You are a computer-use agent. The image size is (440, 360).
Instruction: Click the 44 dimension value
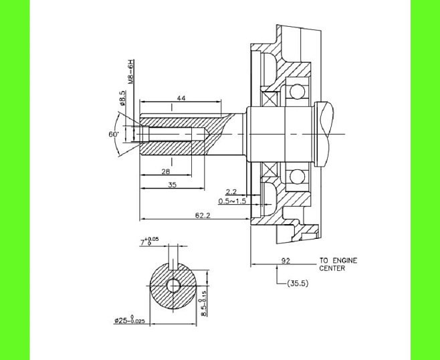181,98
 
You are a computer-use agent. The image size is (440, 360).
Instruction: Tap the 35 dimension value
172,185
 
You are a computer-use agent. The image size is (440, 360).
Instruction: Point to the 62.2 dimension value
203,215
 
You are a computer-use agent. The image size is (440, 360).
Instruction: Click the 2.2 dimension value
231,191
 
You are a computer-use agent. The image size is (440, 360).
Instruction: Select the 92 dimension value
286,260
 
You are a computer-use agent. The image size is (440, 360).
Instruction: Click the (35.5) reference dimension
297,283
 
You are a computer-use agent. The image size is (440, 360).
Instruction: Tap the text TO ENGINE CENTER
337,264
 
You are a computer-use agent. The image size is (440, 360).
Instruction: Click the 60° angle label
113,134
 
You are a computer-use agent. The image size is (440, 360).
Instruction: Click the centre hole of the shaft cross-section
174,285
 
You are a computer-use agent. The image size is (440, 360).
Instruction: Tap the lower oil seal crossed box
270,170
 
